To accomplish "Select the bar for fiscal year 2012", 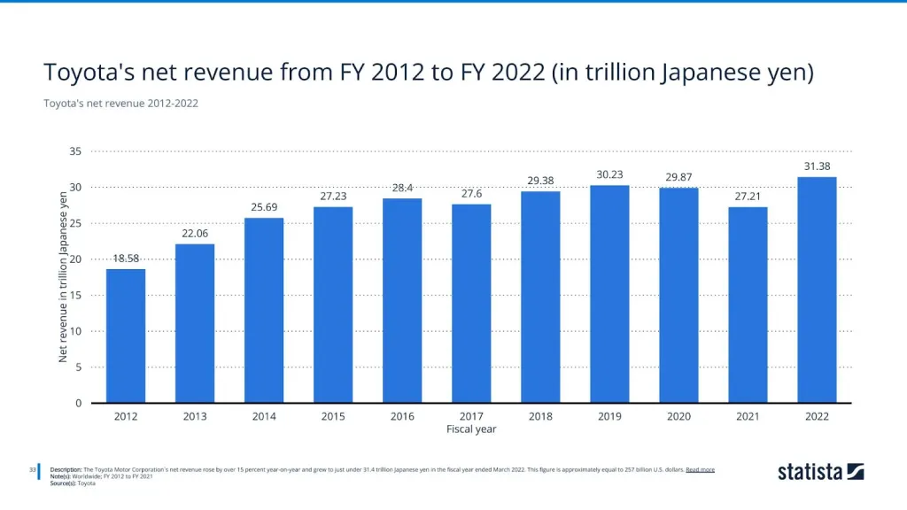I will [126, 336].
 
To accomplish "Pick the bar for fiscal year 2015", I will [333, 305].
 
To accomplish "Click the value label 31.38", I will [818, 166].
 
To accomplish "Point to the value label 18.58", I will [126, 258].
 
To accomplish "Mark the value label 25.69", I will [264, 206].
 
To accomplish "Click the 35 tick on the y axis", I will [75, 151].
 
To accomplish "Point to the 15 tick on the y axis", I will [75, 295].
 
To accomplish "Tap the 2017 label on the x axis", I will [471, 415].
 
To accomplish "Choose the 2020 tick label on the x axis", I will [678, 415].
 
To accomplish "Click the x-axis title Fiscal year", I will [471, 429].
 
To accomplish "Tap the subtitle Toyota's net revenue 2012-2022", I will [120, 104].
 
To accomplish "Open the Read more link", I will [700, 469].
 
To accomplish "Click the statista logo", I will [820, 472].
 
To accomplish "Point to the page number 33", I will [32, 469].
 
